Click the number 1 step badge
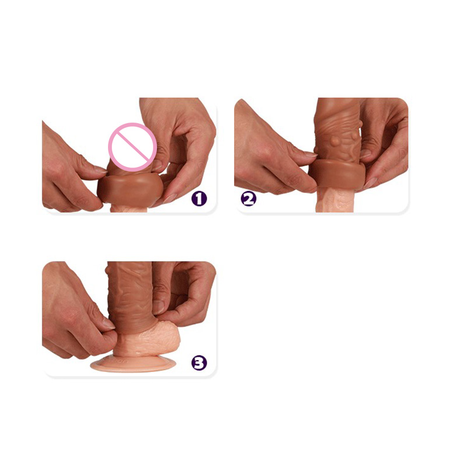pyautogui.click(x=199, y=198)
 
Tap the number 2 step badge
pyautogui.click(x=248, y=198)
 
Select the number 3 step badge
pyautogui.click(x=199, y=363)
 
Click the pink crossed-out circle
pyautogui.click(x=133, y=147)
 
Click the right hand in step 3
pyautogui.click(x=182, y=295)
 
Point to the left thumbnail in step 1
pyautogui.click(x=100, y=169)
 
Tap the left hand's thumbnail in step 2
pyautogui.click(x=311, y=154)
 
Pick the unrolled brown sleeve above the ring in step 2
pyautogui.click(x=338, y=131)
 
